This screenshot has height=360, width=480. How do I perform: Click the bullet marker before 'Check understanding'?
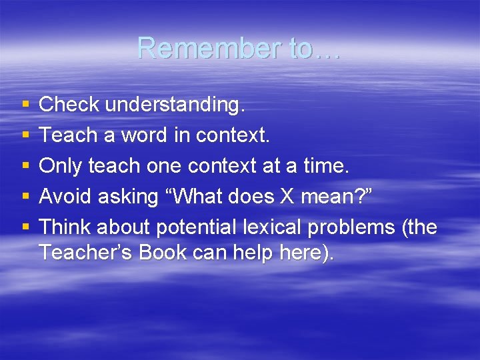tap(25, 105)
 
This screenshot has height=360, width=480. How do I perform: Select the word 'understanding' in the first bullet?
tap(175, 105)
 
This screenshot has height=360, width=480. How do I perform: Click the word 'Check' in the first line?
tap(69, 104)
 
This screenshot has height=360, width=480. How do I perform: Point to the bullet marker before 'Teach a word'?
tap(25, 135)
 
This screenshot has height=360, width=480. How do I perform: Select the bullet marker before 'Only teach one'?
tap(25, 166)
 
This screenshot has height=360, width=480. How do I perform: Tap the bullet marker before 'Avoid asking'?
tap(25, 197)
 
